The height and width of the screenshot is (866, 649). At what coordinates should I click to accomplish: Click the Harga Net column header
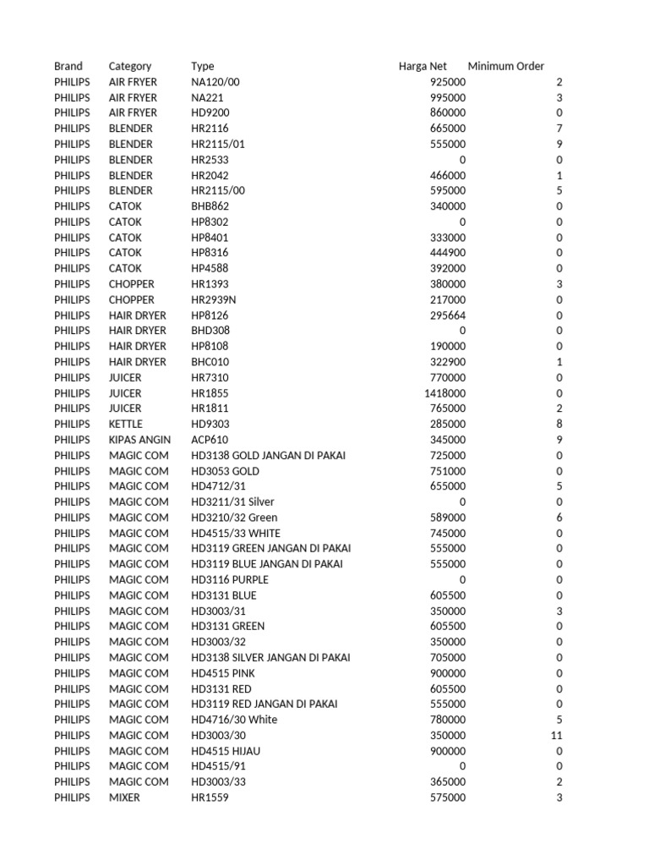click(423, 66)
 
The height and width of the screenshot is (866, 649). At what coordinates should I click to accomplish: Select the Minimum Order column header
click(506, 66)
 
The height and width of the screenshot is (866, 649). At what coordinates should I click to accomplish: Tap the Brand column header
click(68, 66)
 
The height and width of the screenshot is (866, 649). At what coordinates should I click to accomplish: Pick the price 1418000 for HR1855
click(444, 393)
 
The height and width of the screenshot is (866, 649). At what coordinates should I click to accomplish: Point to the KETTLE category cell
click(126, 424)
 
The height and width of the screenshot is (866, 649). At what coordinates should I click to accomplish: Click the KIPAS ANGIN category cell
click(139, 440)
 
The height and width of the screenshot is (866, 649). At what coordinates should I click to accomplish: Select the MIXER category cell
click(125, 797)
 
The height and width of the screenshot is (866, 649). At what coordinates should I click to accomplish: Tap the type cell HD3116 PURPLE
click(230, 580)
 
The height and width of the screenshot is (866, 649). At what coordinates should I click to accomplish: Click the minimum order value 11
click(556, 736)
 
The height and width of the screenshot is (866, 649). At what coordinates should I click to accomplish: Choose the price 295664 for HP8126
click(447, 315)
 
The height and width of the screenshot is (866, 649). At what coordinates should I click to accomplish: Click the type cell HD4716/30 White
click(234, 720)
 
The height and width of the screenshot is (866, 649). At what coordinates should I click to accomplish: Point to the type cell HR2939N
click(215, 300)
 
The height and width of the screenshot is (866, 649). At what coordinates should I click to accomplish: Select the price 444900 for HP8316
click(447, 253)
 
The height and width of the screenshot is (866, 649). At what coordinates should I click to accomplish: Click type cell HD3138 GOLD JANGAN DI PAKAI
click(268, 456)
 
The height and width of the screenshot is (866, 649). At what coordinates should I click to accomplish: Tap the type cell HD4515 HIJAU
click(224, 751)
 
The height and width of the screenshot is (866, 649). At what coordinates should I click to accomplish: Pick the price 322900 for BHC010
click(447, 362)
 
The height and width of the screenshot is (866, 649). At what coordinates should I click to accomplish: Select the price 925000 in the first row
click(447, 82)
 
